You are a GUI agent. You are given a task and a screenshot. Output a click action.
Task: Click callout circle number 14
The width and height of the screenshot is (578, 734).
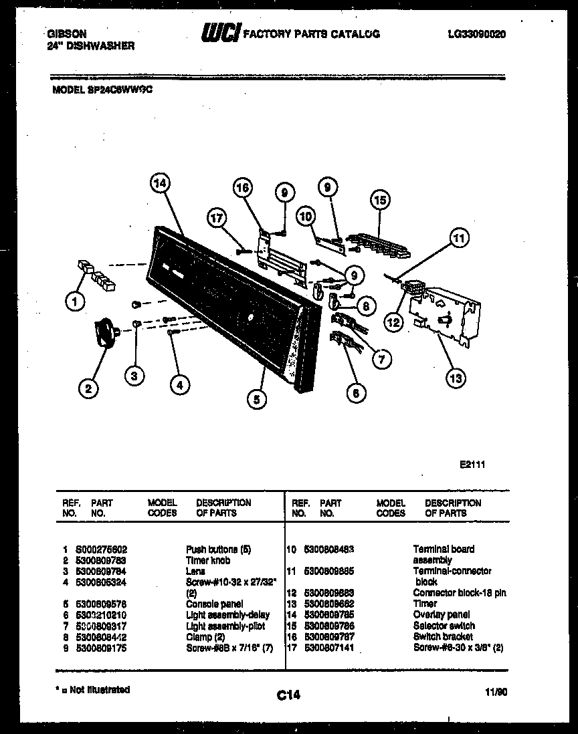click(x=160, y=183)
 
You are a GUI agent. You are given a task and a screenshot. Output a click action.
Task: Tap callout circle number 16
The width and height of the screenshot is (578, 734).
click(x=244, y=189)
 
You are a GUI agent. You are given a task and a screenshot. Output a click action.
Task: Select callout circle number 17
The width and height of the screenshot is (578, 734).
click(x=217, y=217)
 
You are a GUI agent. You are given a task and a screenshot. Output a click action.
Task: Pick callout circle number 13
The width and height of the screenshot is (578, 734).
click(x=455, y=378)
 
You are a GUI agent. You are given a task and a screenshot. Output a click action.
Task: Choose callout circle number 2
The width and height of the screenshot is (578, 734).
click(x=88, y=388)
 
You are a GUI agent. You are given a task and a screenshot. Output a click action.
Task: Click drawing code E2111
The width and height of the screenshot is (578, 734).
click(x=472, y=461)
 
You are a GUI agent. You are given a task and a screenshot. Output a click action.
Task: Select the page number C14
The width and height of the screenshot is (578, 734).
click(x=288, y=695)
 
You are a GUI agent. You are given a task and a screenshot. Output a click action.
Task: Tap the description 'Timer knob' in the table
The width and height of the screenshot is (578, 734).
click(x=208, y=560)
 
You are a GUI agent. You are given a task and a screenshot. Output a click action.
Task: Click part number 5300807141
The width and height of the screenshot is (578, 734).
click(x=330, y=648)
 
